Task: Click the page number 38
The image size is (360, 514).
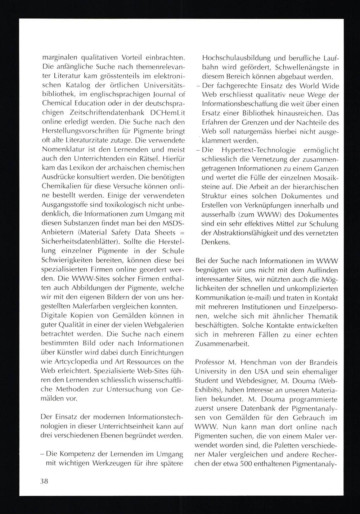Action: [44, 482]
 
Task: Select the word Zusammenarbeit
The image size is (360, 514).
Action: [222, 344]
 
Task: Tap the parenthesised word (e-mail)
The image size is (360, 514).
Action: [261, 298]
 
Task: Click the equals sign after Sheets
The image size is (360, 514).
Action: [182, 232]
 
